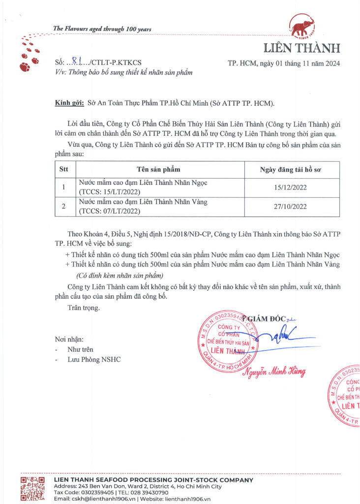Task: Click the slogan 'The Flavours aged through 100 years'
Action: (102, 29)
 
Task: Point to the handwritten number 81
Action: (76, 62)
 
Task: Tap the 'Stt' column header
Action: (64, 169)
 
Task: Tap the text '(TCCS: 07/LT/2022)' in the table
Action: (110, 212)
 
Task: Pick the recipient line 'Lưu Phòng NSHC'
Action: (94, 360)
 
